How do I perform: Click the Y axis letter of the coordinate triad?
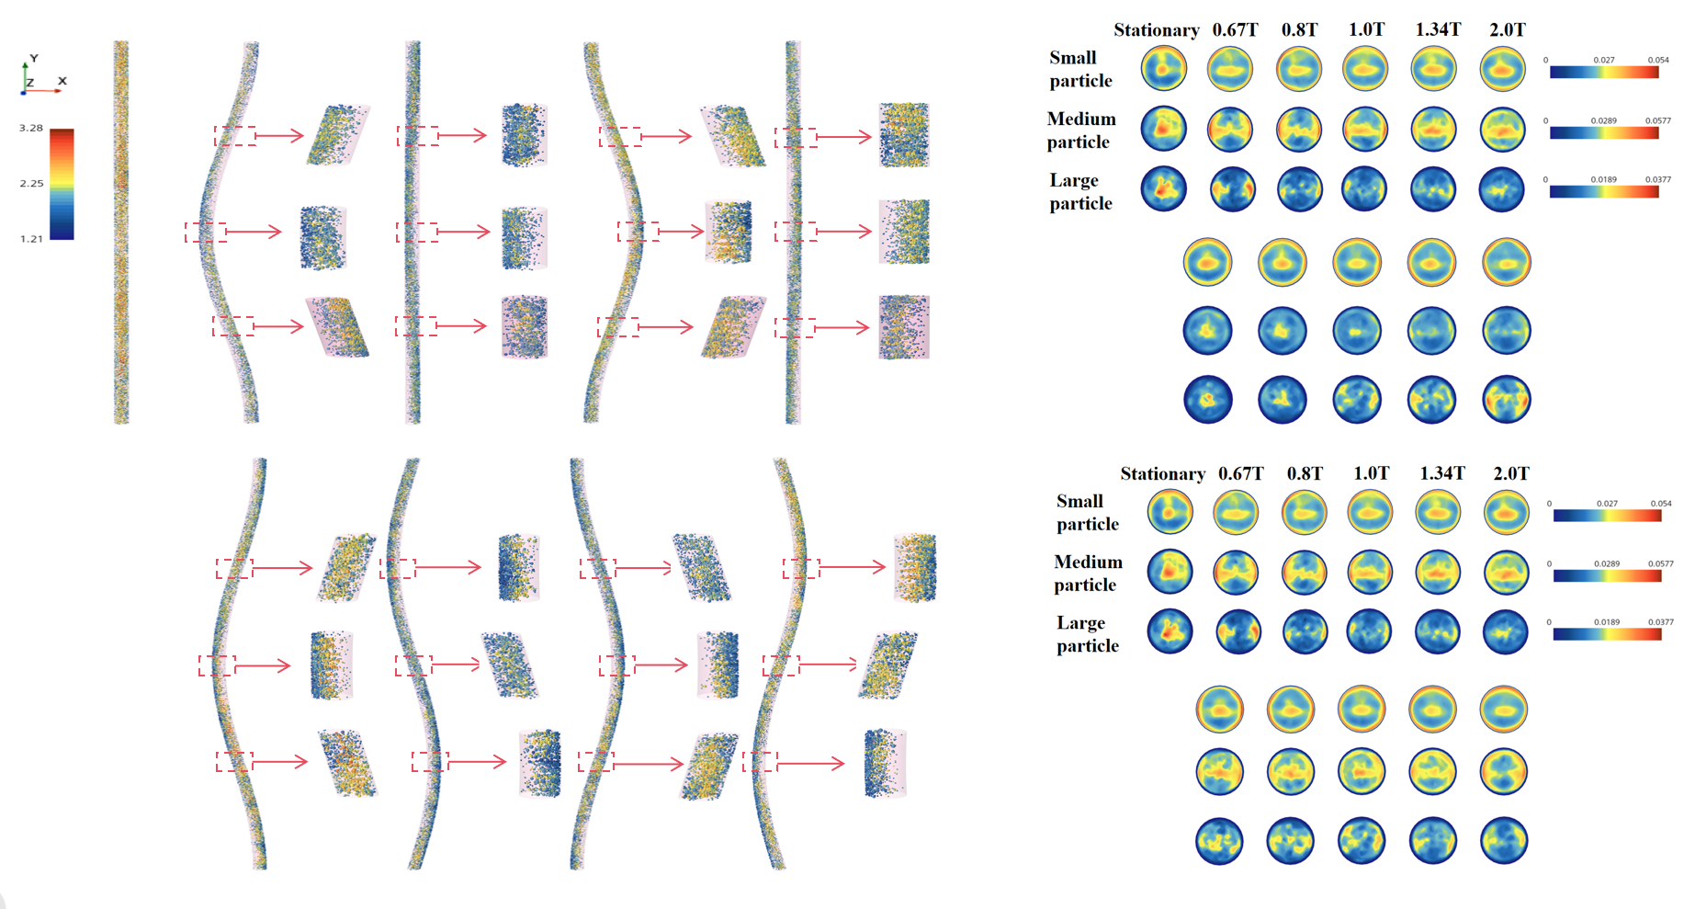pos(34,58)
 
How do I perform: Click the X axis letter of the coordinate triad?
pos(62,81)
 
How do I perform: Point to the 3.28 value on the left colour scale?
pos(31,128)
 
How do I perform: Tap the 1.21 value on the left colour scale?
pos(31,239)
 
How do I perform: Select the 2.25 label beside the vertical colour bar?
pos(31,183)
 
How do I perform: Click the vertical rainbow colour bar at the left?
pos(62,184)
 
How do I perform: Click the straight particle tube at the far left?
pos(121,232)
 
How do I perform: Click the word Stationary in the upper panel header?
pos(1157,30)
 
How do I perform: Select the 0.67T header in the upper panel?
pos(1235,30)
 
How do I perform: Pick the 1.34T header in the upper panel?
pos(1438,30)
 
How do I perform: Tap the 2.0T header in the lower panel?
pos(1511,473)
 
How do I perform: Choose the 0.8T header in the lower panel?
pos(1305,473)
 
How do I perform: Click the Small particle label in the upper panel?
pos(1080,69)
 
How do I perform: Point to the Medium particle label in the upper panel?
pos(1081,130)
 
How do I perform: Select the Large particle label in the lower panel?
pos(1088,634)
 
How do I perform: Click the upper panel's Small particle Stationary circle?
pos(1164,68)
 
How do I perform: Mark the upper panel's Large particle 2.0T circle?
pos(1502,189)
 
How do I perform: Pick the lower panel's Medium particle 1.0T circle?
pos(1370,572)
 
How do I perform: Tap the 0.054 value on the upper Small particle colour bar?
pos(1658,60)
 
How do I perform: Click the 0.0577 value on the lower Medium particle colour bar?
pos(1661,563)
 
